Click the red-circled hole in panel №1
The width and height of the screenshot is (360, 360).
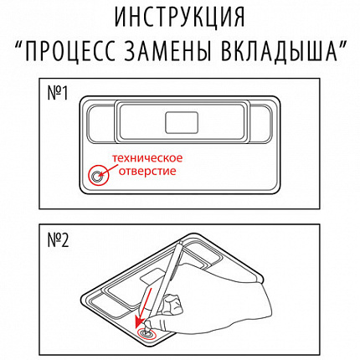click(99, 175)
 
